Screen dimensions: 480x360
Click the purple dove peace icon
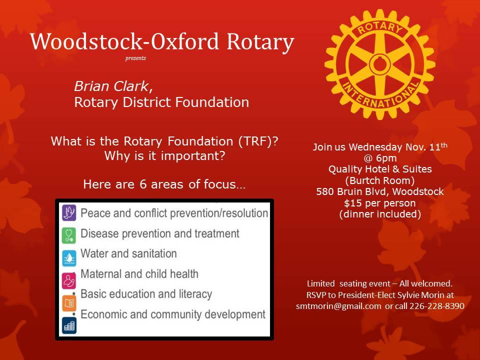click(x=69, y=212)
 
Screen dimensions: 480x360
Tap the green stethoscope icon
click(x=69, y=235)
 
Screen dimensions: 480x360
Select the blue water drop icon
click(x=69, y=258)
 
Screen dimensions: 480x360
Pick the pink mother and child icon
click(x=69, y=280)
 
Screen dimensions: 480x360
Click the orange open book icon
click(x=69, y=303)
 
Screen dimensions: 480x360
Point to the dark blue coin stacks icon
click(x=69, y=325)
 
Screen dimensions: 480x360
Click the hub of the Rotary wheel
click(x=379, y=64)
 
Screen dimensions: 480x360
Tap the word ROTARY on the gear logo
click(x=379, y=28)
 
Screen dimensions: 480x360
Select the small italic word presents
click(x=135, y=58)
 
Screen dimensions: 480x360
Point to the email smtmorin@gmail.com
click(x=338, y=306)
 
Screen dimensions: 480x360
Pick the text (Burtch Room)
click(x=380, y=180)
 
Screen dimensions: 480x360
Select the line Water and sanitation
click(x=128, y=253)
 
